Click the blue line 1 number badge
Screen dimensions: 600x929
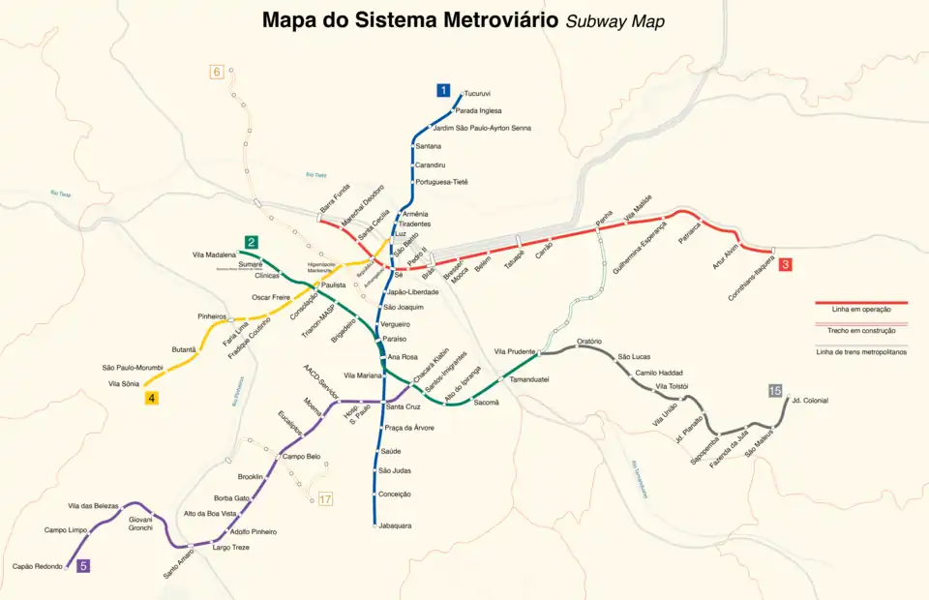443,91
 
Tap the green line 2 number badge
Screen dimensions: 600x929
251,242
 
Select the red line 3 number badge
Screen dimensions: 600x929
786,264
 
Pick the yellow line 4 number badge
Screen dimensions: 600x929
151,397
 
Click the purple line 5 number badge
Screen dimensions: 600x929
83,566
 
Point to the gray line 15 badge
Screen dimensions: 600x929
774,390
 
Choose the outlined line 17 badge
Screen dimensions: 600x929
325,499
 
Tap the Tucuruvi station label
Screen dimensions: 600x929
477,94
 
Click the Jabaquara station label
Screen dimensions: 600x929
394,525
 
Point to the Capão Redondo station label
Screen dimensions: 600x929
37,566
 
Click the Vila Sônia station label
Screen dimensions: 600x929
124,384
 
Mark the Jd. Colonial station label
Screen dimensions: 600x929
809,400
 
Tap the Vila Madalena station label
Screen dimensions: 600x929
214,255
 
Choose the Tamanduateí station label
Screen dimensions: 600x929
529,379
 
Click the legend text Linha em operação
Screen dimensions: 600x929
860,310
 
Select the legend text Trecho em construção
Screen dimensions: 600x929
860,331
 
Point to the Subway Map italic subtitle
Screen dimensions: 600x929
615,21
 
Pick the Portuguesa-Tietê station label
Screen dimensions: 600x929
440,182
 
